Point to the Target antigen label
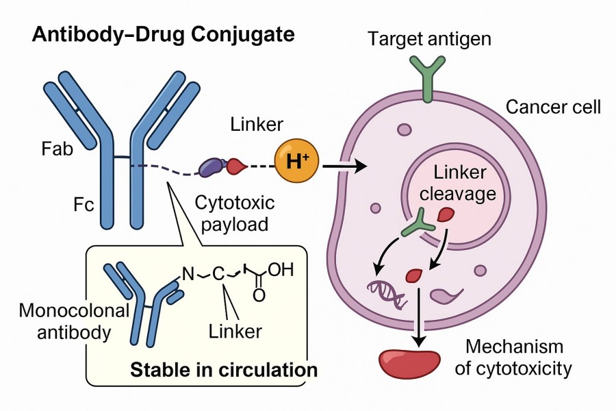tap(429, 38)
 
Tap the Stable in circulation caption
tap(224, 371)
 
